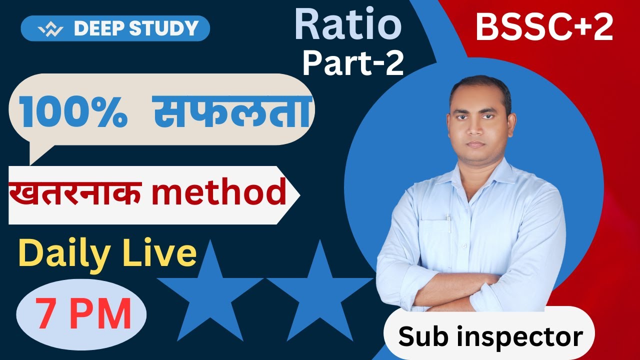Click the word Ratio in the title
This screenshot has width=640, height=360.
point(348,25)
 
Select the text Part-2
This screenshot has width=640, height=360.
point(353,63)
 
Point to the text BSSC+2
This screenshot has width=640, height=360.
point(544,27)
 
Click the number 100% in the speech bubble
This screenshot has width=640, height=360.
point(73,110)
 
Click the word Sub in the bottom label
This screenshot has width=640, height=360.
point(419,336)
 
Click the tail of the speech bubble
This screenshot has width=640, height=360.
point(36,152)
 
